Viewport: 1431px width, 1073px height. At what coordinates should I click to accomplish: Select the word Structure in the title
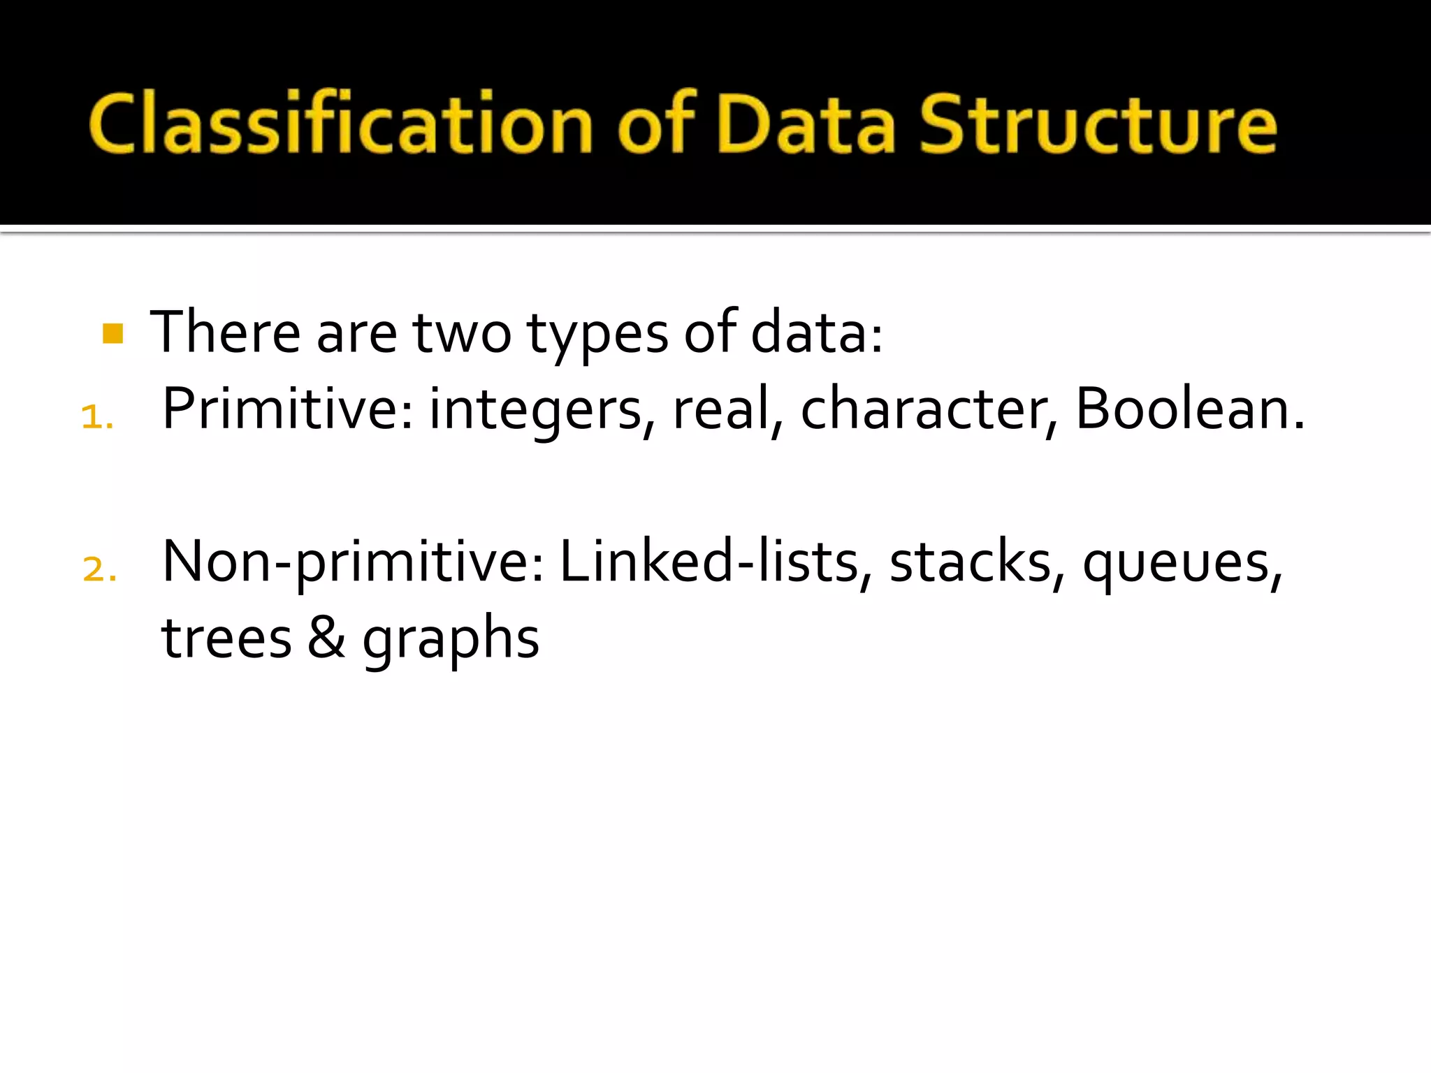click(x=1098, y=124)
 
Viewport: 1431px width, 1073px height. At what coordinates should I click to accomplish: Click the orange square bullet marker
click(x=112, y=333)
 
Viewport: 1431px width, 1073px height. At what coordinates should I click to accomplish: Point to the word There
click(x=225, y=333)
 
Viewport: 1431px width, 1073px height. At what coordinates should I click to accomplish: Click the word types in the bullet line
click(x=597, y=334)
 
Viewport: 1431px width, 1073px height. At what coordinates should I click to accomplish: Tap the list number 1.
click(x=96, y=418)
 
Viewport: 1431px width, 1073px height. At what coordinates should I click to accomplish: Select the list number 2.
click(x=98, y=569)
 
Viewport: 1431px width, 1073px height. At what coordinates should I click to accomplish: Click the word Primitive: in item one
click(x=287, y=409)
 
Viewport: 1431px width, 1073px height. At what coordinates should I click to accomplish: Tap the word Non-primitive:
click(x=353, y=563)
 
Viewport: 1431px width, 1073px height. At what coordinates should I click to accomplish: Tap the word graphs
click(x=451, y=640)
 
